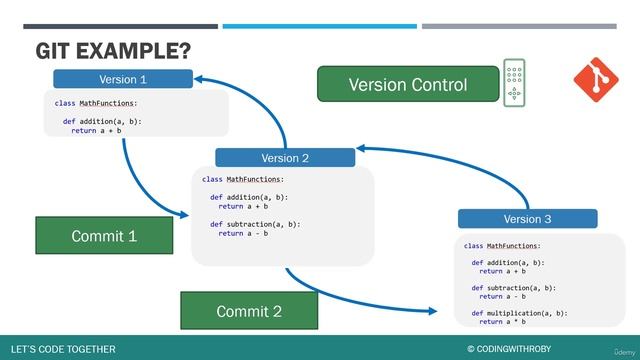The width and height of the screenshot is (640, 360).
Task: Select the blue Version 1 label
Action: coord(123,79)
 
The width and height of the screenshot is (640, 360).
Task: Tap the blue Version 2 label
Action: coord(285,157)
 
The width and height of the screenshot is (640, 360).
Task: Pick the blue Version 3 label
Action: coord(527,219)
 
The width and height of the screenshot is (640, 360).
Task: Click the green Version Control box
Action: coord(407,85)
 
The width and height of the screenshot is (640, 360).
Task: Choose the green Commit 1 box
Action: coord(104,236)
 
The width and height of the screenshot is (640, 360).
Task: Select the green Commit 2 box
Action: coord(249,311)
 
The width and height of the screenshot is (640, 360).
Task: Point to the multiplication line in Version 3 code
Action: coord(519,313)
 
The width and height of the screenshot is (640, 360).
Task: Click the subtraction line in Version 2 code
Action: coord(255,224)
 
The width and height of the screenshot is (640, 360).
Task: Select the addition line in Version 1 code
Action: coord(102,121)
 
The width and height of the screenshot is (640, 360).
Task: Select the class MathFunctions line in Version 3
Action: coord(502,245)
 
